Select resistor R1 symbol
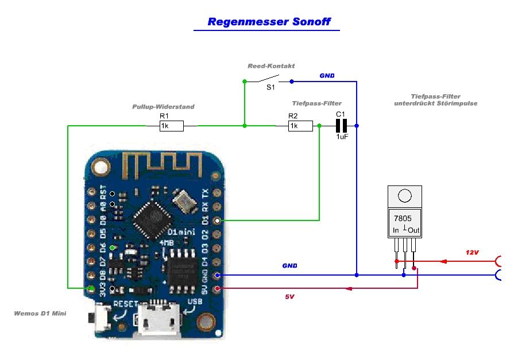click(x=171, y=126)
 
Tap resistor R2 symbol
click(x=300, y=126)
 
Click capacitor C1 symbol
click(x=341, y=125)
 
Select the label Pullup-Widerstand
click(x=164, y=107)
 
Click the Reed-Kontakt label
click(x=271, y=67)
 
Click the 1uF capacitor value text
click(x=342, y=137)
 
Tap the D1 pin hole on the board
click(x=217, y=220)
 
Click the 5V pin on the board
click(x=217, y=288)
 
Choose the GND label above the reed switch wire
click(x=327, y=76)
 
